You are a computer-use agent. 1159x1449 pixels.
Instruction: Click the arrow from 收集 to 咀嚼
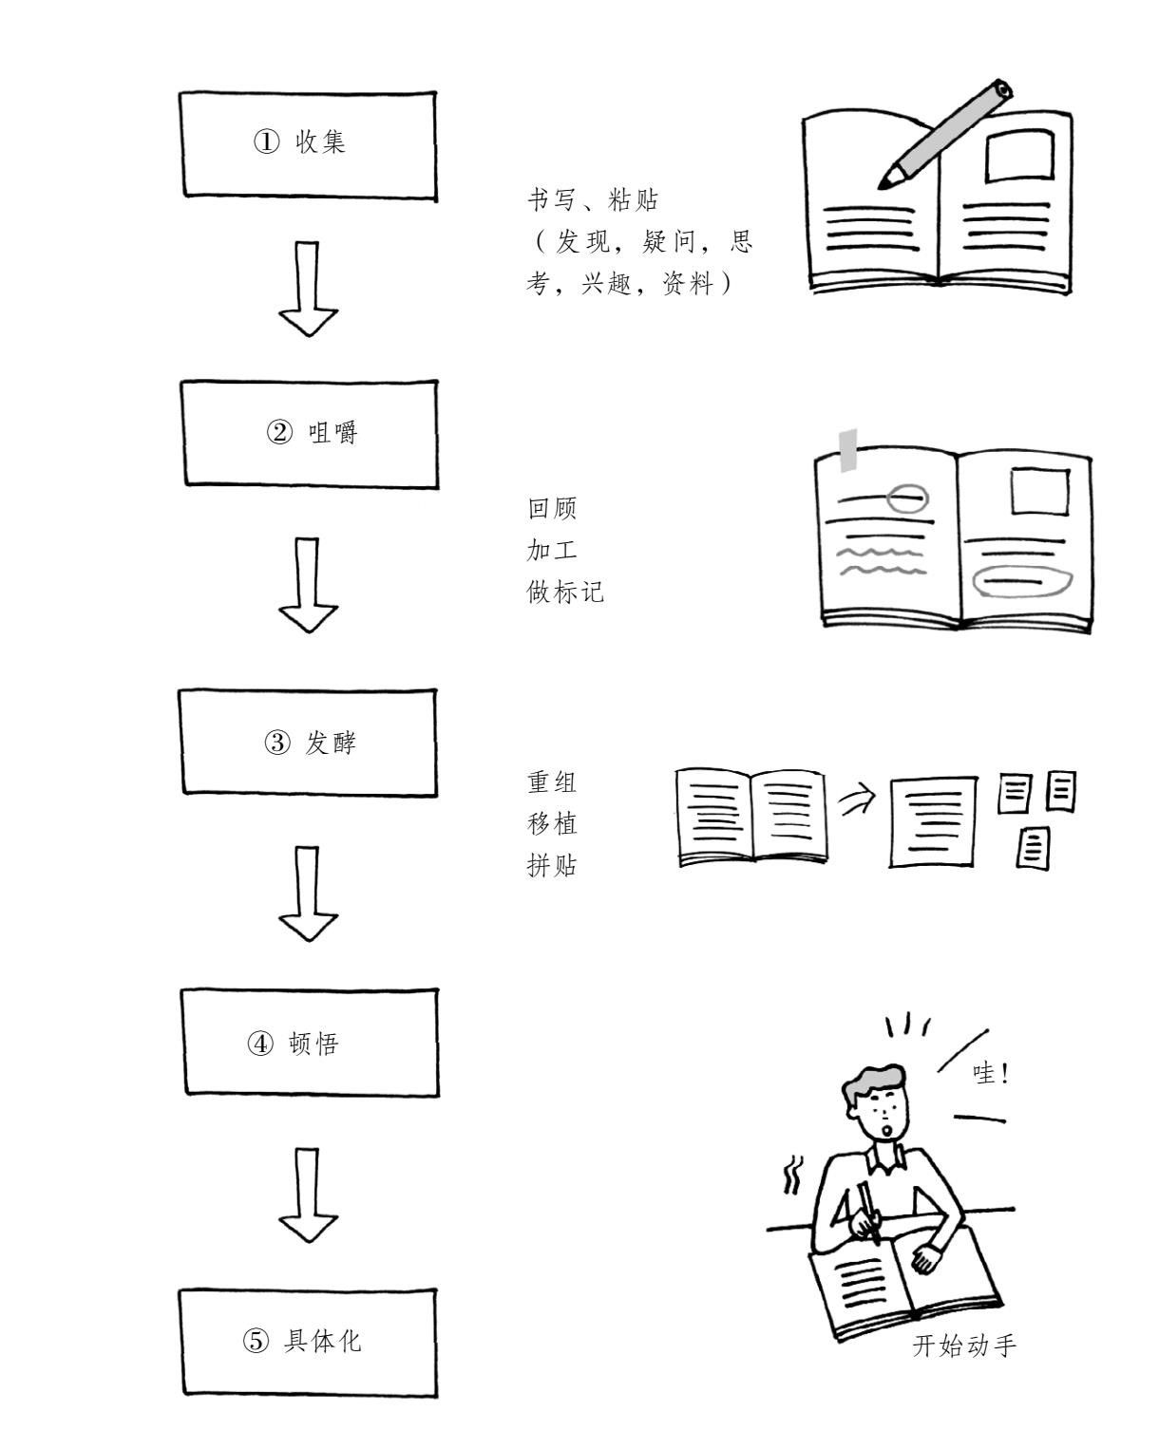(x=308, y=289)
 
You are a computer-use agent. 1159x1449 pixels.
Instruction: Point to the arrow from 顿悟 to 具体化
(x=308, y=1195)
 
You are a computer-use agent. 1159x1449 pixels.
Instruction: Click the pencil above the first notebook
(x=945, y=135)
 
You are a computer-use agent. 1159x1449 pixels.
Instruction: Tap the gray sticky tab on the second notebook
(x=847, y=450)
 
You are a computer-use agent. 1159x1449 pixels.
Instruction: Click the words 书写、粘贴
(x=592, y=200)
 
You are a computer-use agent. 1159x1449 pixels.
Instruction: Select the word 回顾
(x=552, y=508)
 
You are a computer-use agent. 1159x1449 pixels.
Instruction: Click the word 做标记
(x=564, y=592)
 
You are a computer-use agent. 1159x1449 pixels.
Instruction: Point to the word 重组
(x=552, y=782)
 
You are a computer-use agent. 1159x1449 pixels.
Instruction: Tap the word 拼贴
(x=552, y=866)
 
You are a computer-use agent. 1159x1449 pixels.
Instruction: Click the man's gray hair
(x=873, y=1085)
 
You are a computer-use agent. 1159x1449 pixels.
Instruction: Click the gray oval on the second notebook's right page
(x=1022, y=582)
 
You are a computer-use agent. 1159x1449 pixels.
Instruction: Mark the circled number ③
(x=277, y=743)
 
